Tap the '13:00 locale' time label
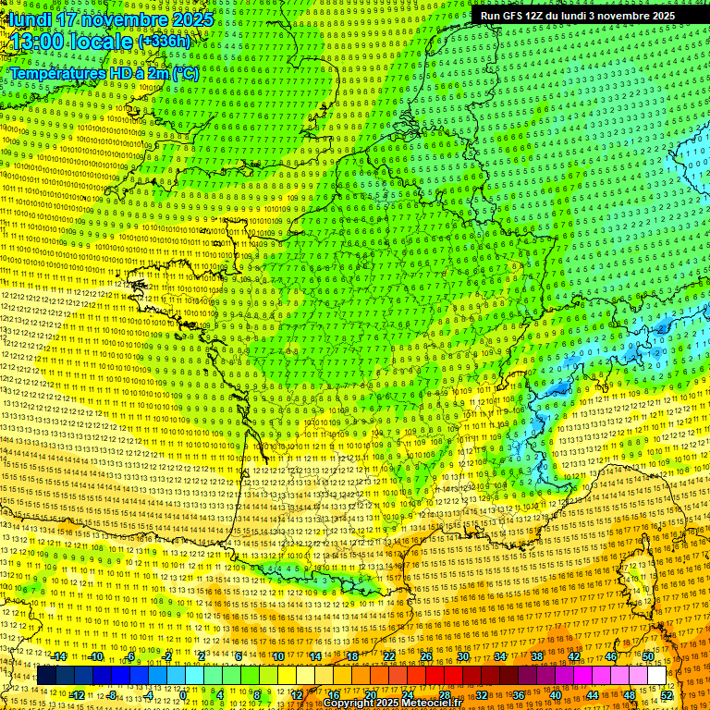pyautogui.click(x=72, y=43)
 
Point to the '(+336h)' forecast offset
pyautogui.click(x=164, y=42)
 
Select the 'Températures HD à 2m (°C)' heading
pyautogui.click(x=104, y=73)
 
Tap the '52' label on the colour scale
pyautogui.click(x=667, y=694)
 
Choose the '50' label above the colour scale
pyautogui.click(x=648, y=656)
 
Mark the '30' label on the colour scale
pyautogui.click(x=463, y=656)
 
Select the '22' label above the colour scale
pyautogui.click(x=389, y=656)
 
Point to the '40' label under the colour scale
pyautogui.click(x=556, y=694)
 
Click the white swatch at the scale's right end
pyautogui.click(x=656, y=676)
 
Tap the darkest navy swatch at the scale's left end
pyautogui.click(x=47, y=676)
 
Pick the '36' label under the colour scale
pyautogui.click(x=519, y=694)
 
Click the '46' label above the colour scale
pyautogui.click(x=611, y=656)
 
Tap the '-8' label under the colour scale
pyautogui.click(x=113, y=694)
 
